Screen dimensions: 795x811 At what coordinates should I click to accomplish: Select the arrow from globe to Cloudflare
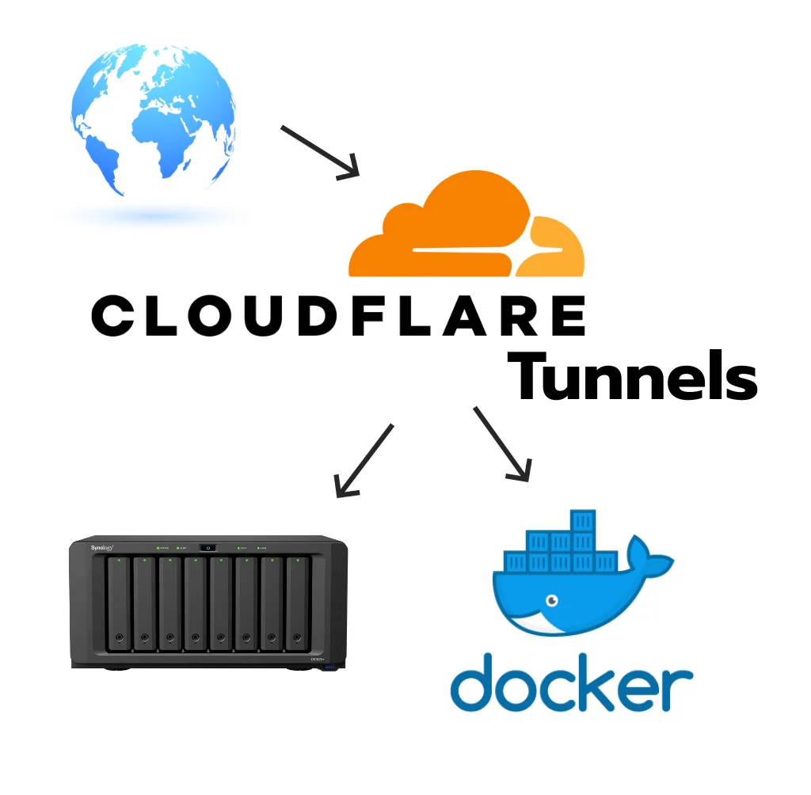point(319,150)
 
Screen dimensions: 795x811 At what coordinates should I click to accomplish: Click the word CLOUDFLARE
point(339,315)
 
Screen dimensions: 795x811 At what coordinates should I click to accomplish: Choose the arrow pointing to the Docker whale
point(501,443)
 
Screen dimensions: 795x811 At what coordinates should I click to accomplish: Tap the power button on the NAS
point(208,547)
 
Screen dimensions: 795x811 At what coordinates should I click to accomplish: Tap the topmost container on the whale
point(582,522)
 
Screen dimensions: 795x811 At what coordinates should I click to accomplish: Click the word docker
point(571,682)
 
